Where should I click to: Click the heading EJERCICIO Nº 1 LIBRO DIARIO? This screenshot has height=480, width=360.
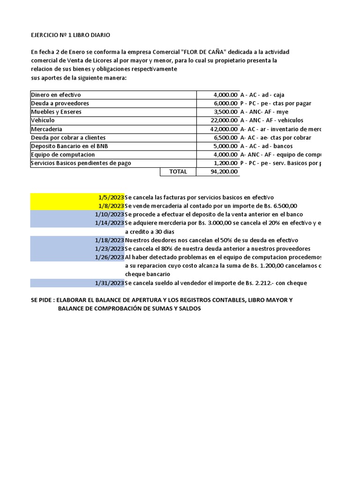[x=71, y=35]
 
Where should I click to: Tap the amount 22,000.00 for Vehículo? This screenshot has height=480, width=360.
[x=224, y=120]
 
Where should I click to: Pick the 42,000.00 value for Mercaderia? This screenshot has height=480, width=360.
[x=224, y=129]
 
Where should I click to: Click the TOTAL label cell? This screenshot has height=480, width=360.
[x=178, y=172]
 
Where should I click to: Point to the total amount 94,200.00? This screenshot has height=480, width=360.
[x=224, y=172]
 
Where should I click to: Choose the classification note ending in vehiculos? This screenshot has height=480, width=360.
[x=271, y=120]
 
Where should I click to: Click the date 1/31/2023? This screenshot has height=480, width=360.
[x=109, y=283]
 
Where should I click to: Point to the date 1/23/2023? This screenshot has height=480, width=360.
[x=109, y=248]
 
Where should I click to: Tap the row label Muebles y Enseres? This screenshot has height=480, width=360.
[x=56, y=112]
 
